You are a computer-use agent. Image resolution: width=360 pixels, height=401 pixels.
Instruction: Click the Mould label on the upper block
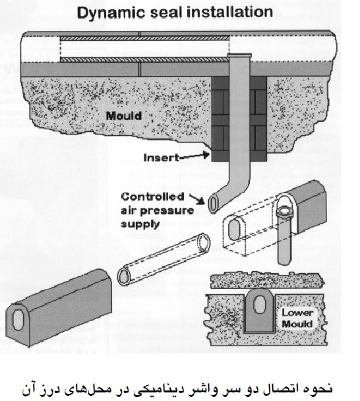[124, 116]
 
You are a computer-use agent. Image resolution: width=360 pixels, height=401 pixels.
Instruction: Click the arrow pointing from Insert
[195, 155]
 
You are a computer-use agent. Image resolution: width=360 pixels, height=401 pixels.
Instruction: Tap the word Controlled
[153, 197]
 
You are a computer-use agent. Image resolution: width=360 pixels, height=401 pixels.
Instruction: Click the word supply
[140, 224]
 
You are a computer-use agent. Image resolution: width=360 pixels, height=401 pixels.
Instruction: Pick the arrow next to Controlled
[197, 199]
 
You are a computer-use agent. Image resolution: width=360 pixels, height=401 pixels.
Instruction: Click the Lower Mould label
[297, 319]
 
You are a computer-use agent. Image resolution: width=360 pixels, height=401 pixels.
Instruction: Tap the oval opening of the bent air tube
[213, 203]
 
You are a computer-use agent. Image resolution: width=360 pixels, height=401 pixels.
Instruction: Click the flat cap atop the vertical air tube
[239, 55]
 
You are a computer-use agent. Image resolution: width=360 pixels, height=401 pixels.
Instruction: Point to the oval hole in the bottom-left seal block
[18, 320]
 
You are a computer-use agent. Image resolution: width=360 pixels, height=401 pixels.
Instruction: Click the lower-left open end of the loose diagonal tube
[124, 276]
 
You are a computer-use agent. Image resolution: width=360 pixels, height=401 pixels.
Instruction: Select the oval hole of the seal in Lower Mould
[260, 304]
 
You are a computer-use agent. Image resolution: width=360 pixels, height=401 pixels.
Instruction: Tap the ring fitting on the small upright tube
[285, 211]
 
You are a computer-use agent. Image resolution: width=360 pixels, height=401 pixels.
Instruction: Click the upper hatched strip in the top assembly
[144, 38]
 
